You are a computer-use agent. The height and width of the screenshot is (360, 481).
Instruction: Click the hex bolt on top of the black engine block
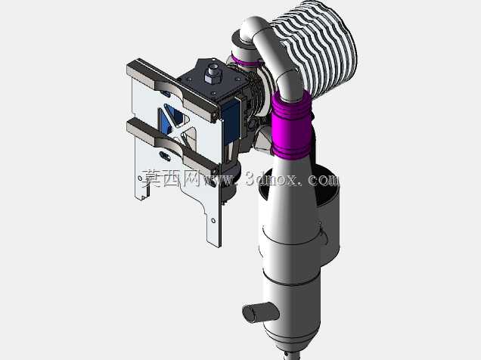pos(213,73)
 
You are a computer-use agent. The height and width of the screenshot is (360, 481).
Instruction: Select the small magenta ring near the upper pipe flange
pos(245,62)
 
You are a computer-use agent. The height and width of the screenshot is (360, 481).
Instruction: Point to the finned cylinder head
pos(319,49)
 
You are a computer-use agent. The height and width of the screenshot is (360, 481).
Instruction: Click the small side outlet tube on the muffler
pos(260,312)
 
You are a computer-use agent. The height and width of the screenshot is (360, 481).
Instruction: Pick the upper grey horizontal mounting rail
pos(172,89)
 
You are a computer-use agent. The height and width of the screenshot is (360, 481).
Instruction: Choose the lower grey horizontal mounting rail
pos(172,147)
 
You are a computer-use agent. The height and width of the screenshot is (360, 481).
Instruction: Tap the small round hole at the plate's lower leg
pos(213,221)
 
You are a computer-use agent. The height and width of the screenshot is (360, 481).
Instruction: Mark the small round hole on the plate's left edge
pos(140,178)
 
